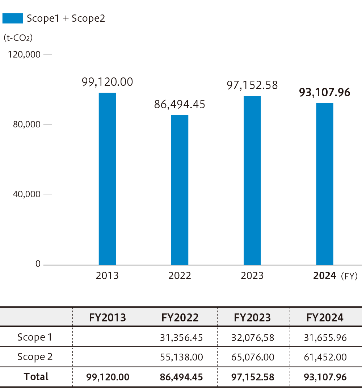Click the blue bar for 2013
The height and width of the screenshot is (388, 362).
[x=107, y=179]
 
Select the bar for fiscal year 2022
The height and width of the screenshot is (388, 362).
[x=180, y=190]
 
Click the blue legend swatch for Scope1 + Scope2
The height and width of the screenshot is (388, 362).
[x=13, y=18]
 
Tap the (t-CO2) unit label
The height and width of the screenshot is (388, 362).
[x=18, y=38]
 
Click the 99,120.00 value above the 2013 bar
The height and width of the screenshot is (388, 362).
[x=107, y=82]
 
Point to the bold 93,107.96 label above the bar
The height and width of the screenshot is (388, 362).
[x=324, y=93]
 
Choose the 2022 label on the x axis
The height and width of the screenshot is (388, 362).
[x=180, y=276]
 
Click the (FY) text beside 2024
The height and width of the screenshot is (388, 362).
[x=349, y=276]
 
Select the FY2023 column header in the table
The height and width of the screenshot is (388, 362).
[x=252, y=317]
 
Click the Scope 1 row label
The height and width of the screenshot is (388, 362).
[x=35, y=337]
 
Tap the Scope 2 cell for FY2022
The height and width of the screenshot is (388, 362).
[x=181, y=357]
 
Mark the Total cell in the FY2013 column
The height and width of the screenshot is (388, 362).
[x=108, y=377]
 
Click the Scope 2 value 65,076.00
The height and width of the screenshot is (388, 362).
[x=253, y=357]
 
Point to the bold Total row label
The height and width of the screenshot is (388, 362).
[x=36, y=376]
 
